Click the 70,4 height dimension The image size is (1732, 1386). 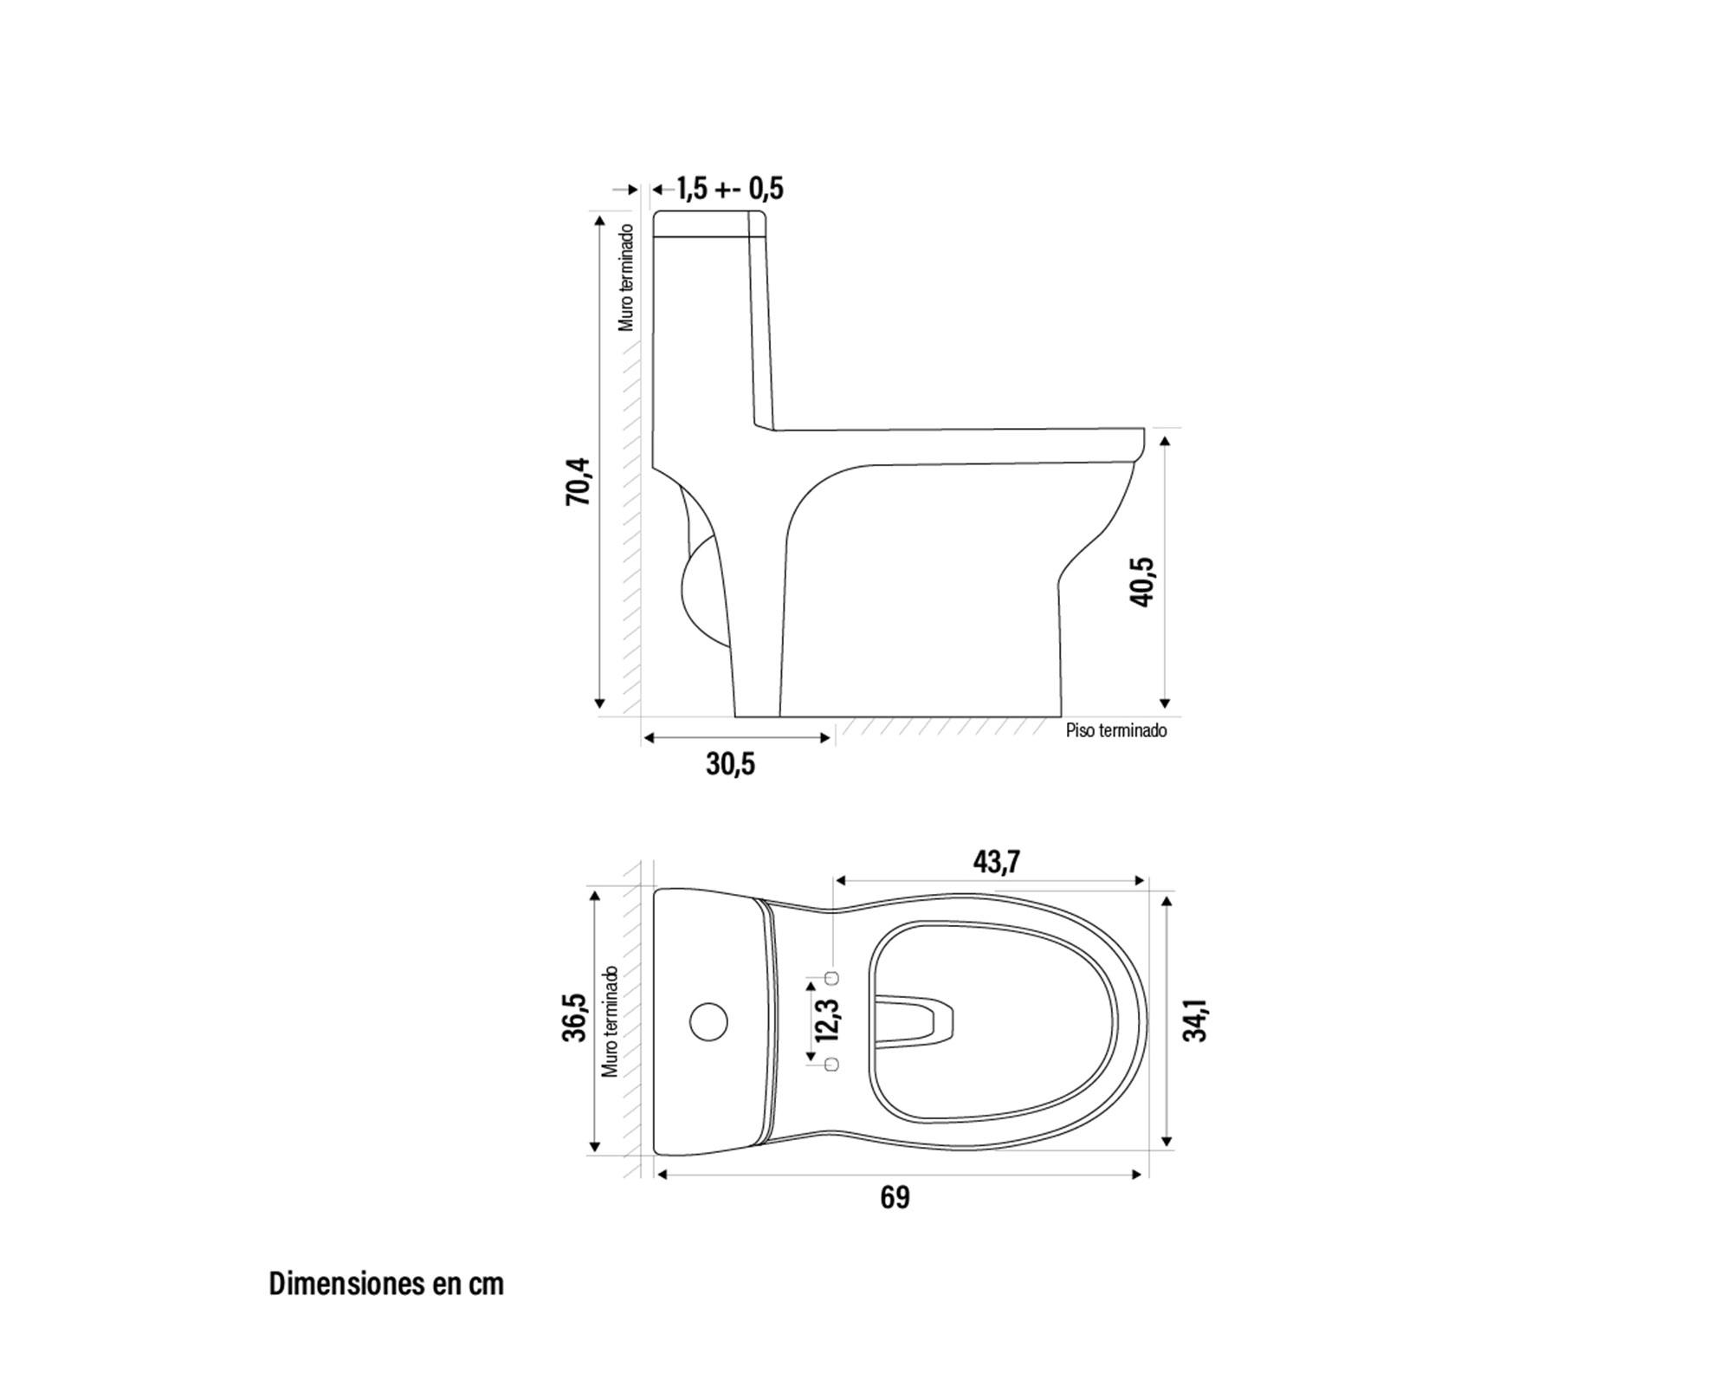pyautogui.click(x=578, y=482)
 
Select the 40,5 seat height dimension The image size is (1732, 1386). pyautogui.click(x=1142, y=581)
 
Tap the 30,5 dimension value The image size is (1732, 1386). pyautogui.click(x=730, y=764)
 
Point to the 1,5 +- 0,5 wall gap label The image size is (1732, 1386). pyautogui.click(x=729, y=188)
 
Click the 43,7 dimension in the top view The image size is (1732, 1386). pyautogui.click(x=997, y=862)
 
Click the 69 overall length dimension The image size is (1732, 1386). pyautogui.click(x=895, y=1197)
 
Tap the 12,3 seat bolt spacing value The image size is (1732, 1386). pyautogui.click(x=825, y=1020)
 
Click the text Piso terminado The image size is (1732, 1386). pyautogui.click(x=1116, y=730)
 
